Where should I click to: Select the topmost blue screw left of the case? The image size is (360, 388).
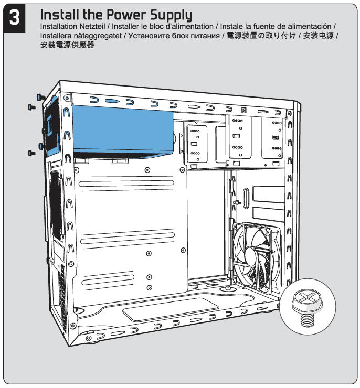(x=40, y=97)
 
